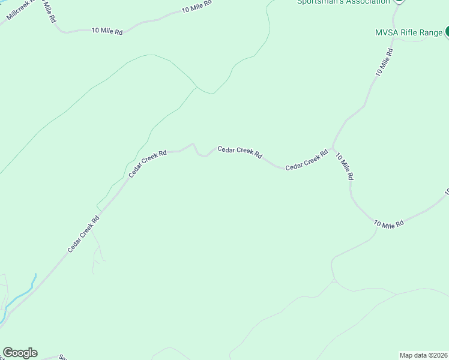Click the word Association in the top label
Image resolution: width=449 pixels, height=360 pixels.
pos(367,2)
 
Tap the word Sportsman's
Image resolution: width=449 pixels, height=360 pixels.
pos(320,2)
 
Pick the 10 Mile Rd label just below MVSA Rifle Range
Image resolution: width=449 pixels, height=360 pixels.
pos(384,62)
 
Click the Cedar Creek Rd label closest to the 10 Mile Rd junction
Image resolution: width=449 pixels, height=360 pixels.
pos(307,160)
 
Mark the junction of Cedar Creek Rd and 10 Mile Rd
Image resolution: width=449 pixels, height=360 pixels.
pos(331,148)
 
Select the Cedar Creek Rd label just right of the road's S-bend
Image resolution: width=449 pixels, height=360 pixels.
pos(240,152)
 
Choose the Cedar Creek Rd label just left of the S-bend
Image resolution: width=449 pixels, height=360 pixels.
pos(147,164)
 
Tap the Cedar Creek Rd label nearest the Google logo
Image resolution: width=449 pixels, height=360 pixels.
pos(83,234)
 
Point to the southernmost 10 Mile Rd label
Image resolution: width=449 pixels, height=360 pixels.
pos(389,223)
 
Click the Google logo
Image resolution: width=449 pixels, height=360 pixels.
pos(20,353)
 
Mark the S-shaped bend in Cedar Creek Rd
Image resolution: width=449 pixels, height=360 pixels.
pos(200,150)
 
